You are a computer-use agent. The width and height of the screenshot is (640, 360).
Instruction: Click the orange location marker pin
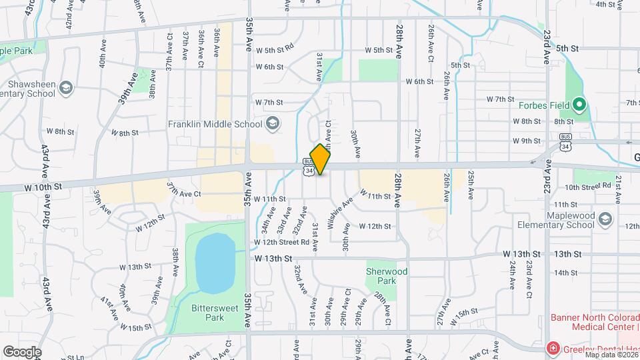coord(321,159)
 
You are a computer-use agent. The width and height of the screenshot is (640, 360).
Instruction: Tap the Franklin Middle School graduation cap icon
coord(272,123)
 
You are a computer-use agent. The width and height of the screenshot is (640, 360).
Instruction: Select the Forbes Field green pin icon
coord(579,104)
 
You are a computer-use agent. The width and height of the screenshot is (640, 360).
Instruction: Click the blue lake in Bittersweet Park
coord(215,263)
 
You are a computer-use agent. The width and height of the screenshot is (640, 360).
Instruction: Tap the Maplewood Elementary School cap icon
coord(605,220)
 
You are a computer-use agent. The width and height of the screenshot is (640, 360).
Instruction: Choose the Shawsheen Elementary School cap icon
coord(65,88)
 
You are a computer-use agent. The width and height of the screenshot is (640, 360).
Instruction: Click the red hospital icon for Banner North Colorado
coord(552,348)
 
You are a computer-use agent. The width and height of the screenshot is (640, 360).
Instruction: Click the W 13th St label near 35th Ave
coord(273,258)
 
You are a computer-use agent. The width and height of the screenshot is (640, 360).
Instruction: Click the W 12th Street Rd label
coord(281,243)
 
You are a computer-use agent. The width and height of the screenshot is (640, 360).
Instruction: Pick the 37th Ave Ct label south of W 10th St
coord(184,191)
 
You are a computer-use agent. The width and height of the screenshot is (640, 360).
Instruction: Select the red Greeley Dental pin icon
coord(552,348)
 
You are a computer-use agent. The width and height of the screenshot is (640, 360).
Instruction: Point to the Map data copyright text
coord(611,355)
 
